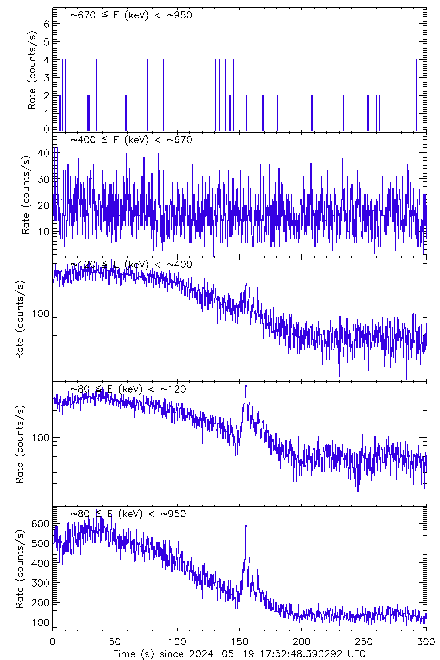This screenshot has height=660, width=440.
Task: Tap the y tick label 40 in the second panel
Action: point(44,153)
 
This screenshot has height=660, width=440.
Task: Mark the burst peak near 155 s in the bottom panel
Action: point(246,520)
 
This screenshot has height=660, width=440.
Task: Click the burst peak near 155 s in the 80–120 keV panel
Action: point(246,384)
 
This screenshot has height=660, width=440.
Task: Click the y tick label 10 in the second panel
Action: point(44,232)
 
